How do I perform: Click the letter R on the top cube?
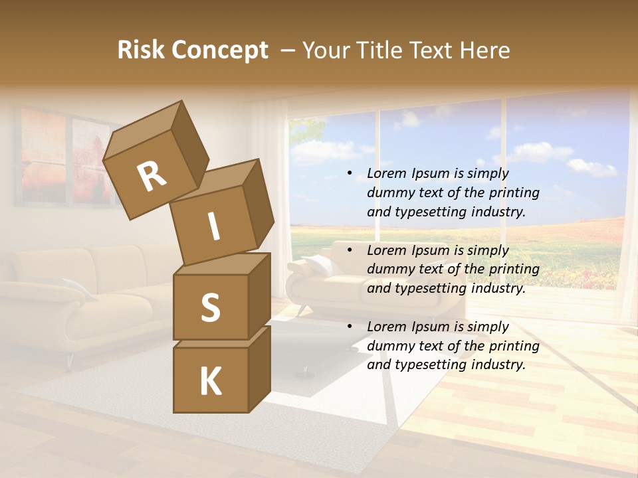coord(152,177)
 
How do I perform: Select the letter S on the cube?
coord(210,307)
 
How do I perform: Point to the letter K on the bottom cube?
coord(210,382)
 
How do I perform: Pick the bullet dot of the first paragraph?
coord(350,174)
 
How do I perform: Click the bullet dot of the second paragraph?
coord(350,251)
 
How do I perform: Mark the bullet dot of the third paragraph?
coord(350,327)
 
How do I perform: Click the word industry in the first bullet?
coord(495,212)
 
